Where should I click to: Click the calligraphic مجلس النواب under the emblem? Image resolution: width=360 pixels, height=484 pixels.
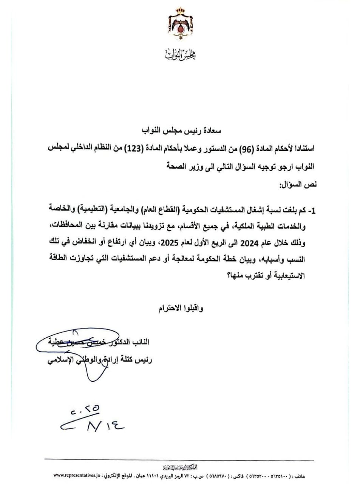click(x=180, y=56)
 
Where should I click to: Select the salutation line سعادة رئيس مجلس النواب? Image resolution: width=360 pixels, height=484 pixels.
click(x=181, y=131)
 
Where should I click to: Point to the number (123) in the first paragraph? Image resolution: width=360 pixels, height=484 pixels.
click(x=143, y=149)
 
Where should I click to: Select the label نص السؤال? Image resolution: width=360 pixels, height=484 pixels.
click(x=298, y=185)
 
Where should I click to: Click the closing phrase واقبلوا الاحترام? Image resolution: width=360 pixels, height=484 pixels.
click(x=181, y=308)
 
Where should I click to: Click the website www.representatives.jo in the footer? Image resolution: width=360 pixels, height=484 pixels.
click(x=77, y=475)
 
